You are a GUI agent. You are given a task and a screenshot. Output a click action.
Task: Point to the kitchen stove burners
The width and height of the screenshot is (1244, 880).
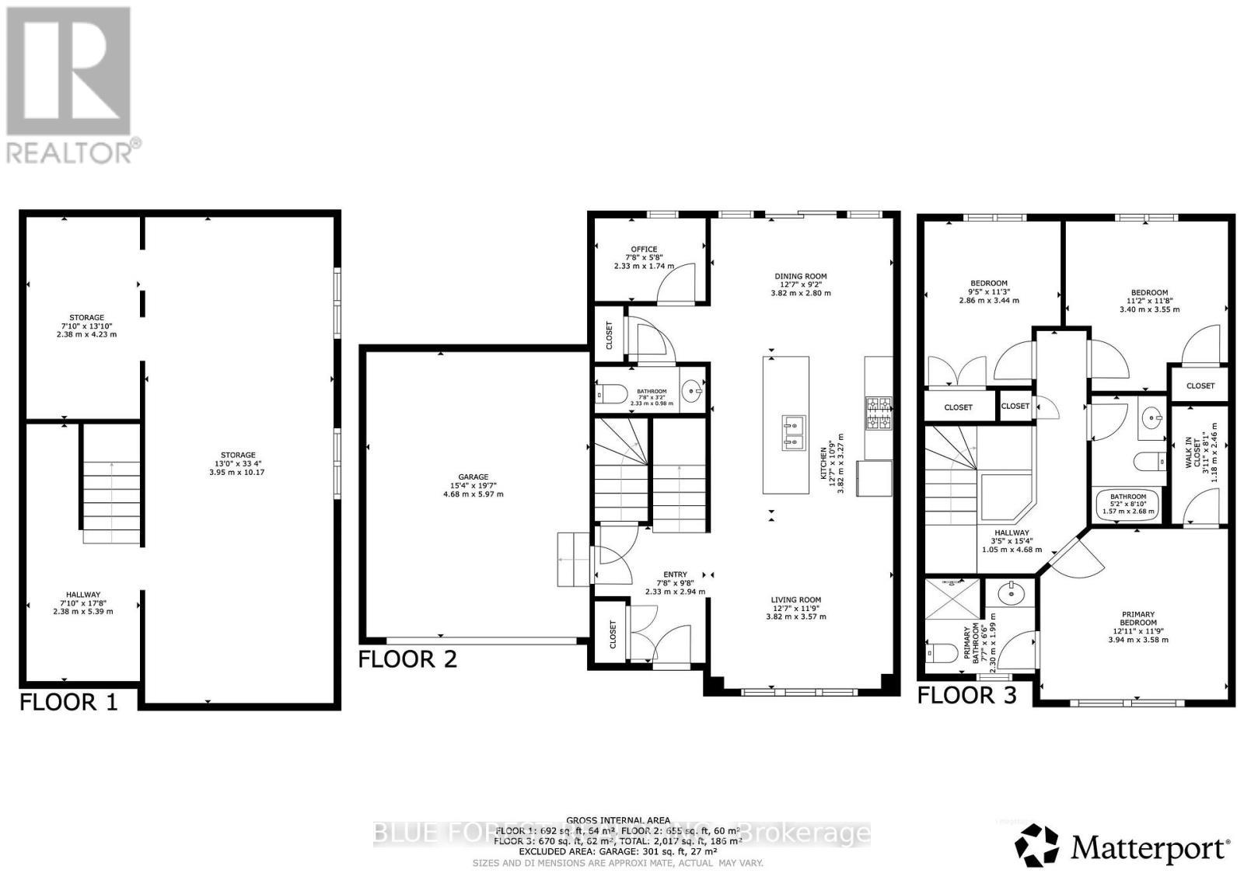click(x=879, y=413)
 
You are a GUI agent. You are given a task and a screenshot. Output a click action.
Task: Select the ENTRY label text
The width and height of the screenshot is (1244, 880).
click(x=675, y=574)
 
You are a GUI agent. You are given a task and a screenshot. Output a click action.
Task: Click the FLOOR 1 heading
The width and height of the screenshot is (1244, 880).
click(x=68, y=702)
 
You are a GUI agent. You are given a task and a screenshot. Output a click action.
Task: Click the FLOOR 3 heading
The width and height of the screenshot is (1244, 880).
click(x=966, y=695)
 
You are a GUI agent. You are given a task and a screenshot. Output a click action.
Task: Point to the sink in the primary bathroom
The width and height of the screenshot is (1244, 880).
click(x=1011, y=596)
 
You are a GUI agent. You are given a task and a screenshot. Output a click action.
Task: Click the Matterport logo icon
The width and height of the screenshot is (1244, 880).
click(x=1037, y=845)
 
